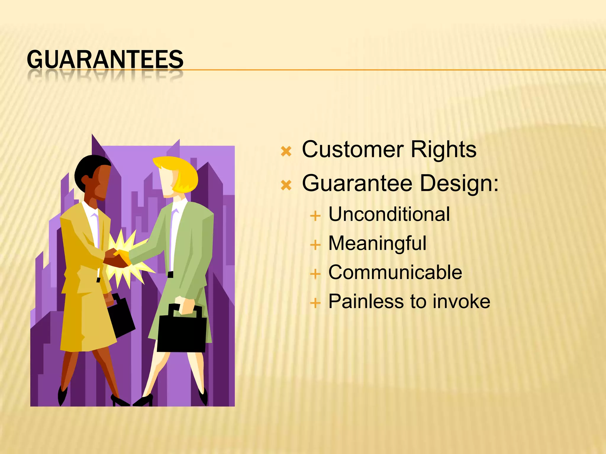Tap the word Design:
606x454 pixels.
click(x=459, y=183)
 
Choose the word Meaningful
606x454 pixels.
click(x=377, y=243)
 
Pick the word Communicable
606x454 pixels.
click(x=395, y=272)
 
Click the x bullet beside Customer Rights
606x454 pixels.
click(x=286, y=151)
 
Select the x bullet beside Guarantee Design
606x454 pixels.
click(x=286, y=185)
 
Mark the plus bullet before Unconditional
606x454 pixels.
click(x=315, y=216)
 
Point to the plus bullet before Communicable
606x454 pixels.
click(x=315, y=274)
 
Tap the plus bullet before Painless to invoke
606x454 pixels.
click(x=315, y=303)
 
